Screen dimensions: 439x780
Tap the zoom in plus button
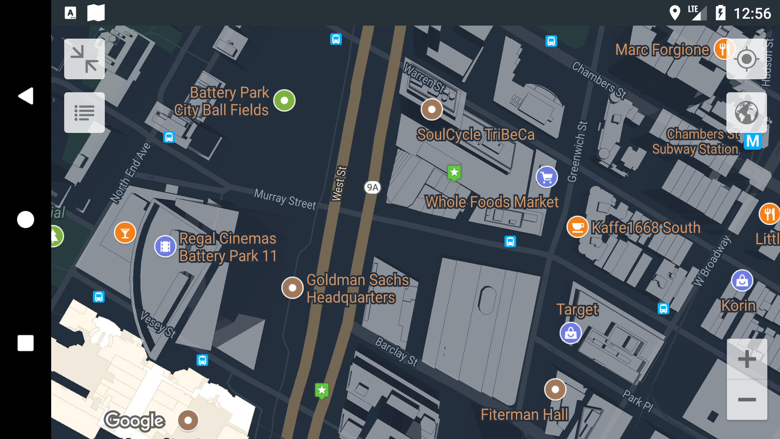[747, 359]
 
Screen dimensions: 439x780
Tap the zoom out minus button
[747, 400]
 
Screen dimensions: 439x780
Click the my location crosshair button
[746, 59]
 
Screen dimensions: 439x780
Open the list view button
[84, 113]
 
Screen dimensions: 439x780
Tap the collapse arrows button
[84, 59]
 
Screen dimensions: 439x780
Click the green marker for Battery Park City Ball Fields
[284, 100]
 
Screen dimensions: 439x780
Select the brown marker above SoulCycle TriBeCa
[431, 109]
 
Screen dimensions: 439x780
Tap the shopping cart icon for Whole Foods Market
[546, 177]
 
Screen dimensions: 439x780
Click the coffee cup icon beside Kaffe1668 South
[577, 227]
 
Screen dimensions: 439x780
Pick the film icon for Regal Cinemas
[165, 246]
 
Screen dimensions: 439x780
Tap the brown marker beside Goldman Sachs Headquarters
[292, 288]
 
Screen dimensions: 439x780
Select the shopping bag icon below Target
[571, 333]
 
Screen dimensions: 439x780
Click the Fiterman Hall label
[524, 415]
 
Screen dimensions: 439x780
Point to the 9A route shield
[372, 187]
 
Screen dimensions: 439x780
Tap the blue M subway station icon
[752, 141]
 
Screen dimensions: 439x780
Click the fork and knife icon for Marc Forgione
[724, 49]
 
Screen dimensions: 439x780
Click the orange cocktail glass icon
[125, 233]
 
